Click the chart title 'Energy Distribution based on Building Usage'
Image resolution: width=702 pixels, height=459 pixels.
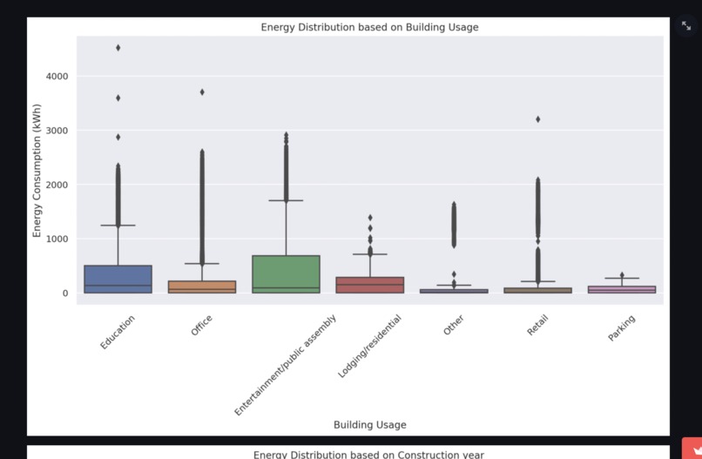point(369,27)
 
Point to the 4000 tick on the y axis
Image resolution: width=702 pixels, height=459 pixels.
point(57,77)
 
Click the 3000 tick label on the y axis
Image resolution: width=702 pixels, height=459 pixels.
point(57,131)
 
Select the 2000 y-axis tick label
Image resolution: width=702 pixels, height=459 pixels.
point(57,185)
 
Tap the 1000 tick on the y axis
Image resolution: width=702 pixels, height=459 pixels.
point(57,239)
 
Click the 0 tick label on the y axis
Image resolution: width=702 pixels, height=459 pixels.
point(64,293)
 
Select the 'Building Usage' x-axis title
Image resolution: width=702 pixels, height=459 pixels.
point(369,425)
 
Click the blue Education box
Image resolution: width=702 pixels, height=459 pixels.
point(118,279)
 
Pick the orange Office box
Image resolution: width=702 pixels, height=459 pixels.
point(202,287)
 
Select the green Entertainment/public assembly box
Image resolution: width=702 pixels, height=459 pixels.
point(286,273)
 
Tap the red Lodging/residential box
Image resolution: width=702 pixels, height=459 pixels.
point(369,285)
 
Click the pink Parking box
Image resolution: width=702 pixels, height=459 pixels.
point(622,289)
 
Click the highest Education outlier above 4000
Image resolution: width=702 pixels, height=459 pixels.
point(118,48)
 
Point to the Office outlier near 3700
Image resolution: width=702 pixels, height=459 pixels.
point(202,91)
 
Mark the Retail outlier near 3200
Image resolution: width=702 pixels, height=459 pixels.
point(538,119)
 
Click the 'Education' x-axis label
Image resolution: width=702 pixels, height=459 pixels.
point(118,333)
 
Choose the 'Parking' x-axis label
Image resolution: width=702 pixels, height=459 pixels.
point(622,328)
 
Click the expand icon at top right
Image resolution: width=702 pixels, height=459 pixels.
point(686,26)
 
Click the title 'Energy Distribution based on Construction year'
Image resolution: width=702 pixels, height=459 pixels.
point(369,455)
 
